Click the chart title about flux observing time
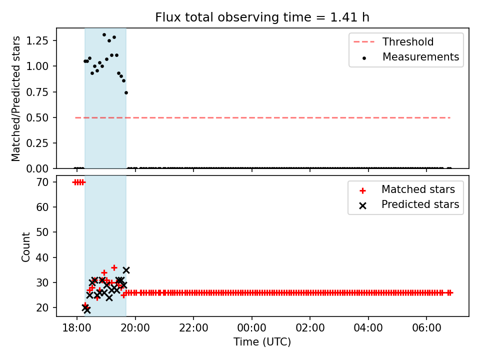(x=262, y=17)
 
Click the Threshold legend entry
(x=393, y=41)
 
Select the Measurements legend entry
(x=410, y=57)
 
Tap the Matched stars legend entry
(x=407, y=189)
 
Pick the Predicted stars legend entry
(x=409, y=204)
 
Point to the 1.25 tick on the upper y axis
(x=37, y=40)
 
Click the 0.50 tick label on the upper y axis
(x=37, y=117)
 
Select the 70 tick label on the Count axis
(x=42, y=182)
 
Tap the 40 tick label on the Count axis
(x=42, y=257)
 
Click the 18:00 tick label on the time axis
(x=77, y=328)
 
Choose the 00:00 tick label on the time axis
(x=251, y=328)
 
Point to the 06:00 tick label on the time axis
(x=426, y=328)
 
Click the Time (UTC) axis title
(x=262, y=341)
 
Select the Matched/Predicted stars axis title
(x=16, y=98)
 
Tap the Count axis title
(x=25, y=246)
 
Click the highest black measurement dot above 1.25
(x=104, y=35)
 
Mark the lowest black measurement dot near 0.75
(x=126, y=93)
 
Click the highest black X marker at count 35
(x=126, y=270)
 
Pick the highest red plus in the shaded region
(x=114, y=267)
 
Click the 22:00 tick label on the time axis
(x=193, y=328)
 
